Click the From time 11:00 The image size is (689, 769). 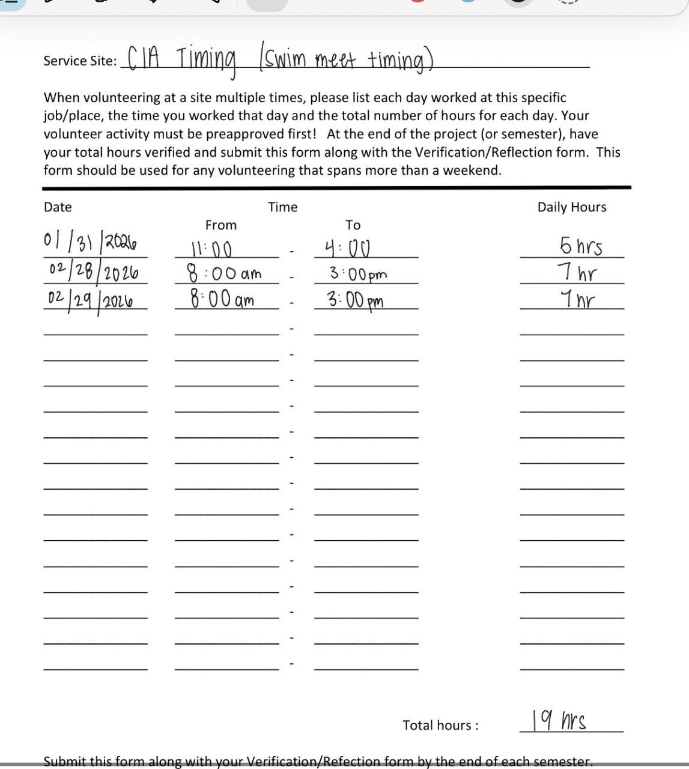click(211, 248)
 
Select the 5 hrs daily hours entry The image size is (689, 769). click(580, 246)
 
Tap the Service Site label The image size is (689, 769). click(80, 61)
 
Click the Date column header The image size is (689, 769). click(58, 207)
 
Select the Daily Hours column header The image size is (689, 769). click(572, 207)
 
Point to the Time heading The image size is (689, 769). click(282, 207)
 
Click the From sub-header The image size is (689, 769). click(221, 225)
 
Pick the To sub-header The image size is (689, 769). click(353, 225)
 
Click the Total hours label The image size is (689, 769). click(440, 725)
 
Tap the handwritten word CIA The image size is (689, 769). click(143, 58)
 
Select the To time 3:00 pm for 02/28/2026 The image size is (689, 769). click(358, 274)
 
